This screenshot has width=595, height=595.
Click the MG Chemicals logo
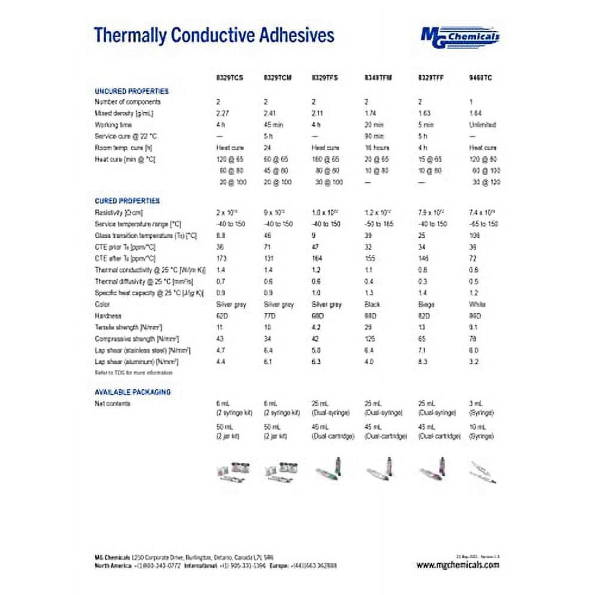point(460,37)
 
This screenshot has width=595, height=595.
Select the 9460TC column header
point(480,78)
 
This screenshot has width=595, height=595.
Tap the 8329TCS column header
point(229,78)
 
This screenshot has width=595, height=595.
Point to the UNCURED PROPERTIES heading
point(131,91)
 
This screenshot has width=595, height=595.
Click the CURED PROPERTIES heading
point(127,201)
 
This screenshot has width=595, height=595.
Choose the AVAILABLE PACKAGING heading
point(132,392)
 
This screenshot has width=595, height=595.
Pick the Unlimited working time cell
point(482,125)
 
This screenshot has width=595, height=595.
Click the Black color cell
point(372,304)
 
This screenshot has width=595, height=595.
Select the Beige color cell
point(426,304)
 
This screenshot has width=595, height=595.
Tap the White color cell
point(477,304)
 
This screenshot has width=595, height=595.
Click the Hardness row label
point(108,316)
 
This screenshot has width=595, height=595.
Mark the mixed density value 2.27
point(222,113)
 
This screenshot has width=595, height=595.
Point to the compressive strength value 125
point(370,339)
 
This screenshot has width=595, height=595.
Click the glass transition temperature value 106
point(474,235)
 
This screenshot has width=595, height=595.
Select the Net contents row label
point(112,403)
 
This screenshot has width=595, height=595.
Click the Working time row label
point(113,125)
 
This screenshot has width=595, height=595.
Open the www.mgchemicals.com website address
point(457,565)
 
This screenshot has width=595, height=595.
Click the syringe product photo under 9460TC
point(482,472)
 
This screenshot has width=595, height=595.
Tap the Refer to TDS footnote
point(133,372)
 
